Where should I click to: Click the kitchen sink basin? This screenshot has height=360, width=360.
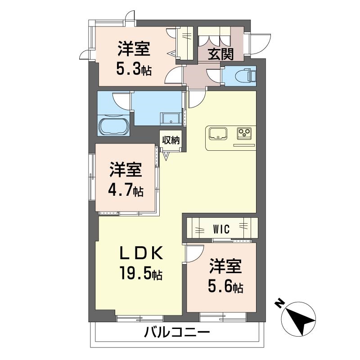[x=218, y=134]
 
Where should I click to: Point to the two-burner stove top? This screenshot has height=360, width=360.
[x=245, y=133]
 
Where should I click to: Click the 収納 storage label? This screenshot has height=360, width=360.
[x=171, y=140]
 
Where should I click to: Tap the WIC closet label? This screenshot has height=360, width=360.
[x=220, y=229]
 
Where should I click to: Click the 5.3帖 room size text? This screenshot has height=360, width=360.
[x=134, y=70]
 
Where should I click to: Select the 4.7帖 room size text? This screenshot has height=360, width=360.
[x=126, y=191]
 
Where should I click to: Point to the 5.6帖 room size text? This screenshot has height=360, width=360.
[x=225, y=287]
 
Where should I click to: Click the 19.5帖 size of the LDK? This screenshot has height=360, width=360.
[x=140, y=273]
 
